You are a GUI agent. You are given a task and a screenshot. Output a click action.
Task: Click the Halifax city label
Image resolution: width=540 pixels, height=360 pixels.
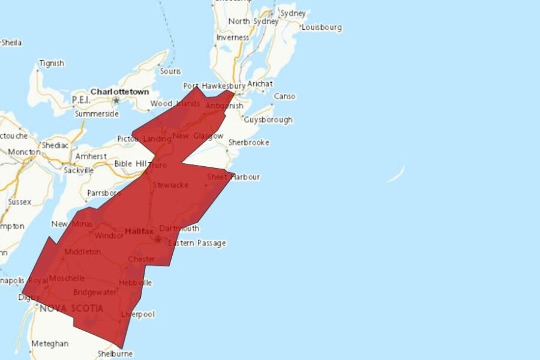point(139,231)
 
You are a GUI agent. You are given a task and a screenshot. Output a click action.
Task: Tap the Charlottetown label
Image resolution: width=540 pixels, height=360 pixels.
point(119,92)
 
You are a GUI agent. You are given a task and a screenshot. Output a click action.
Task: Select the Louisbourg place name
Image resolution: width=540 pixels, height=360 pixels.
point(322,27)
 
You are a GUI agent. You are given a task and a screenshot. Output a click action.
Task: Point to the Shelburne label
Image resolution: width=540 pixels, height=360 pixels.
point(115,354)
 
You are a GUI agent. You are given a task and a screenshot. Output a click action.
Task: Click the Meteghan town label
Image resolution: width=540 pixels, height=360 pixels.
point(50,344)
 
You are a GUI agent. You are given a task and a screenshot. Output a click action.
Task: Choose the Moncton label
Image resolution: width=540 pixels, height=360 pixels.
point(24,152)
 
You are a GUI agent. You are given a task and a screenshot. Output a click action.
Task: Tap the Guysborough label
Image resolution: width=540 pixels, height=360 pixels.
point(268,119)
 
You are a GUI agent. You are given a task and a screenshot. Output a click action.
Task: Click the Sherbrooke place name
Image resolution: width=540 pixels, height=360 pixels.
point(248,143)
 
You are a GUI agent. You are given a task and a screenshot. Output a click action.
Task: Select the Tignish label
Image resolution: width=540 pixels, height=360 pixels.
point(51,63)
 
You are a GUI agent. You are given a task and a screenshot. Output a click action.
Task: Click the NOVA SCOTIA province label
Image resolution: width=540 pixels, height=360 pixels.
point(71,308)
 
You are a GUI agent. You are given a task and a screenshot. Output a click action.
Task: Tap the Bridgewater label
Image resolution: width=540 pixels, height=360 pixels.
point(95,292)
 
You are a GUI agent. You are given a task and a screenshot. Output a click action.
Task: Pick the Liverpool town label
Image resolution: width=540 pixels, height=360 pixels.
point(138,314)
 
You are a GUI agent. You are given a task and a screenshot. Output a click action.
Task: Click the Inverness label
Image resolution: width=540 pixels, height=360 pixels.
point(232,37)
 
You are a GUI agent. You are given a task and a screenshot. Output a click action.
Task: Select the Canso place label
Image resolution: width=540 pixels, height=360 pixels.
point(284,96)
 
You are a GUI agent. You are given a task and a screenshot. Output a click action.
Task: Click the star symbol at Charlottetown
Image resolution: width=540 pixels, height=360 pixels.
point(116,100)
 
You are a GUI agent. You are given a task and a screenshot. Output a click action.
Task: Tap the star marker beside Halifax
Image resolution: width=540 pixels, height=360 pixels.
point(158,239)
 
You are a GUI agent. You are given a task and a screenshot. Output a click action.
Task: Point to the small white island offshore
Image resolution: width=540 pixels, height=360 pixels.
point(395,175)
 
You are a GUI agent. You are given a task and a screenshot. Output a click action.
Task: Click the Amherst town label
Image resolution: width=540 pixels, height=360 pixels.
point(91,156)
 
